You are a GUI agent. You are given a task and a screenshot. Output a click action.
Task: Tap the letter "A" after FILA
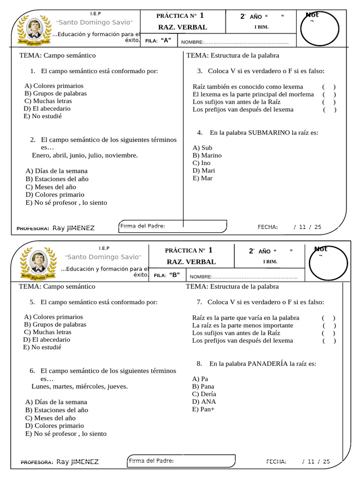(x=166, y=40)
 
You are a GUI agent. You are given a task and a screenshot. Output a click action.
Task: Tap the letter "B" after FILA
(x=174, y=275)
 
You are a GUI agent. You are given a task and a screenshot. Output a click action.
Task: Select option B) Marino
(x=207, y=155)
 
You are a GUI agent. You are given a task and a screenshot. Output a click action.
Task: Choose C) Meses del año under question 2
(x=51, y=187)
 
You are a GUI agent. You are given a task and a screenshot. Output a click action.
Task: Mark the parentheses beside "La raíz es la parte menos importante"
(x=329, y=325)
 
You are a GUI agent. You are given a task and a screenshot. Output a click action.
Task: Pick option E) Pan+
(x=203, y=409)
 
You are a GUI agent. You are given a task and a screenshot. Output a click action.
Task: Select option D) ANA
(x=204, y=402)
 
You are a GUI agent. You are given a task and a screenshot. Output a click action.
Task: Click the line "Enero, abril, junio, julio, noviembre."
(x=85, y=155)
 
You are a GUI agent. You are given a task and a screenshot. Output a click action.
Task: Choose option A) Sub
(x=202, y=148)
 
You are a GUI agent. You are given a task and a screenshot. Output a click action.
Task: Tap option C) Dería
(x=204, y=394)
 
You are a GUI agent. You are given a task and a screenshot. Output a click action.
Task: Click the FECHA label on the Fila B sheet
(x=276, y=462)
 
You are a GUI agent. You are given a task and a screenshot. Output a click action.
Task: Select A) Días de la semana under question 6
(x=56, y=402)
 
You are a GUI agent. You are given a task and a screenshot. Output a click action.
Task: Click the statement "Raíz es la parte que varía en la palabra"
(x=246, y=318)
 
